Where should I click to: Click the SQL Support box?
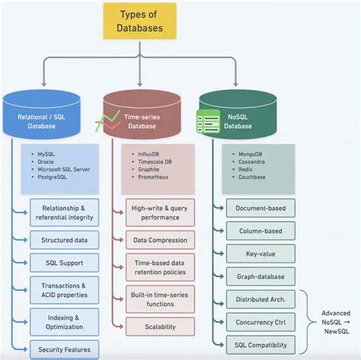(x=63, y=263)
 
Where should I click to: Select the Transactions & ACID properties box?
(x=63, y=291)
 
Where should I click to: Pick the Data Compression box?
(x=160, y=240)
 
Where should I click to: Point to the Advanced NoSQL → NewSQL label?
(x=334, y=320)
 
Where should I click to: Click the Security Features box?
(x=63, y=349)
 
